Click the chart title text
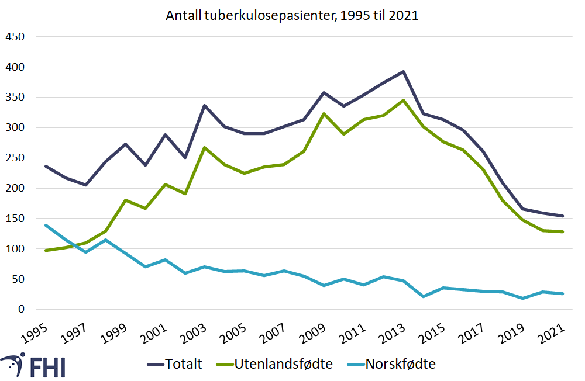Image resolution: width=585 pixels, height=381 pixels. [292, 15]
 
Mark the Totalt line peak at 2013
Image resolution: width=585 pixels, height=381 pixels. [403, 72]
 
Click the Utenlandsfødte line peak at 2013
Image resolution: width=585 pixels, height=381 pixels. [403, 100]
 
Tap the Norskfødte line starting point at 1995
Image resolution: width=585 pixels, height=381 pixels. [46, 225]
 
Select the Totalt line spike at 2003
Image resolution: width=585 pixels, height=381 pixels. [204, 106]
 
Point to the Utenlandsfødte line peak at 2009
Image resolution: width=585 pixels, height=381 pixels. [324, 113]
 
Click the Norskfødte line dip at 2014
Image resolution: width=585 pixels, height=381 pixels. [423, 296]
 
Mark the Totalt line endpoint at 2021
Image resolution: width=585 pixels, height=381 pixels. [562, 216]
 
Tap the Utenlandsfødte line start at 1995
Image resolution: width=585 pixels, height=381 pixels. [46, 250]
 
